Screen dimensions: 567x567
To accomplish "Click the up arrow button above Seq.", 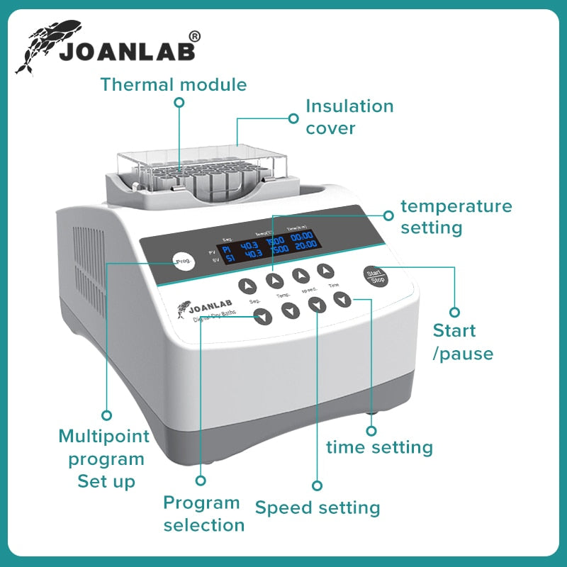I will pos(247,286).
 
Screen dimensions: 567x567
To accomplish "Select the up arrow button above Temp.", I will pos(275,281).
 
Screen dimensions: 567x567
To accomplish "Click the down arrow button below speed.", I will pos(317,305).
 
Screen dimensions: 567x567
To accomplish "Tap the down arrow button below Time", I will pos(342,300).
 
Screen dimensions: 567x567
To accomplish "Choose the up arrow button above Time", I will pos(325,270).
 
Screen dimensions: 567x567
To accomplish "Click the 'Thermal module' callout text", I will pos(174,85).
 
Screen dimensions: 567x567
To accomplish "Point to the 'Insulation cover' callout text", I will pos(349,117).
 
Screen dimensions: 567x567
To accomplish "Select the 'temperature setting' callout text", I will pos(456,217).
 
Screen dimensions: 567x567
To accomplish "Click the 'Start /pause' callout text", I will pos(463,342).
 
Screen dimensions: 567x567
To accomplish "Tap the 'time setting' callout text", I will pos(379,447).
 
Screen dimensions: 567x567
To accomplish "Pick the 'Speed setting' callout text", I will pos(318,508).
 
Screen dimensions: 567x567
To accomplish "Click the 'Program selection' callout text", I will pos(203,514).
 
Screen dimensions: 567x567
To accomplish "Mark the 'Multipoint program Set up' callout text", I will pos(104,459).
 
